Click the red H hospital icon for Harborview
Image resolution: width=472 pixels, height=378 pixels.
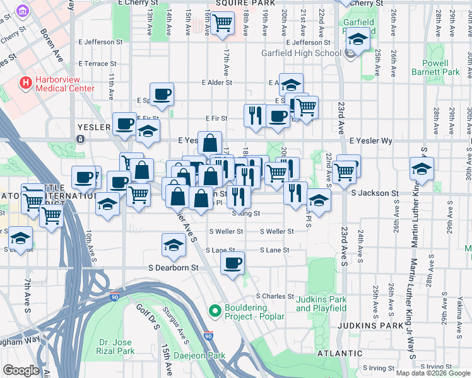pos(26,83)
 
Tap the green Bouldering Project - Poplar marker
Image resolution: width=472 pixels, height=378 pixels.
pos(215,311)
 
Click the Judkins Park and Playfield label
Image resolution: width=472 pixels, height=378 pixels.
pos(321,304)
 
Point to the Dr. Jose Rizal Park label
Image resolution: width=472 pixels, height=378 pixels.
pos(116,346)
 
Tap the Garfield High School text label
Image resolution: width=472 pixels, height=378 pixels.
pos(301,53)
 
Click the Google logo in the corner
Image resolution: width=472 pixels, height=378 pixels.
pos(21,370)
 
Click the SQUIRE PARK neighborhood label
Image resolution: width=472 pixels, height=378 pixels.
pos(237,3)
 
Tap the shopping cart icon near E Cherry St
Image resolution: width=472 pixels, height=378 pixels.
pos(222,24)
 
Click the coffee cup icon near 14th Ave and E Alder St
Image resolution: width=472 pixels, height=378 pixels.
pos(162,94)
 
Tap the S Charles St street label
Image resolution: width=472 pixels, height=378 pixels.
pos(274,296)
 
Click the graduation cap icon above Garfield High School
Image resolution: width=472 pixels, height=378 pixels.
pos(358,40)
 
